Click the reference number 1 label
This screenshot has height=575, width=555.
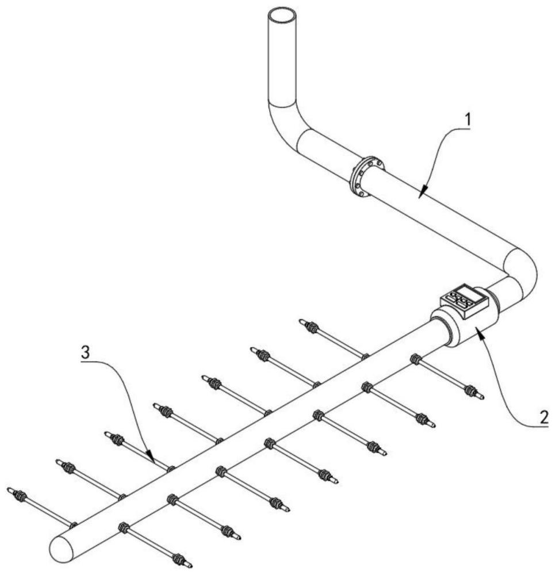(x=468, y=121)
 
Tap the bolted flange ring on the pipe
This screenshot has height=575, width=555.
(x=365, y=176)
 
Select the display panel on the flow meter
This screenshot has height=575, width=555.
(x=464, y=298)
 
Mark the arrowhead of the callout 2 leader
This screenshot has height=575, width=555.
(x=478, y=336)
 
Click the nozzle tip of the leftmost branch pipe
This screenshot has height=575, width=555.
(x=10, y=490)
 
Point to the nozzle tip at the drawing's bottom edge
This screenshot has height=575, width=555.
(x=189, y=565)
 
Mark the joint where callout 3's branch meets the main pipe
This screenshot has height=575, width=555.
(x=170, y=469)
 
